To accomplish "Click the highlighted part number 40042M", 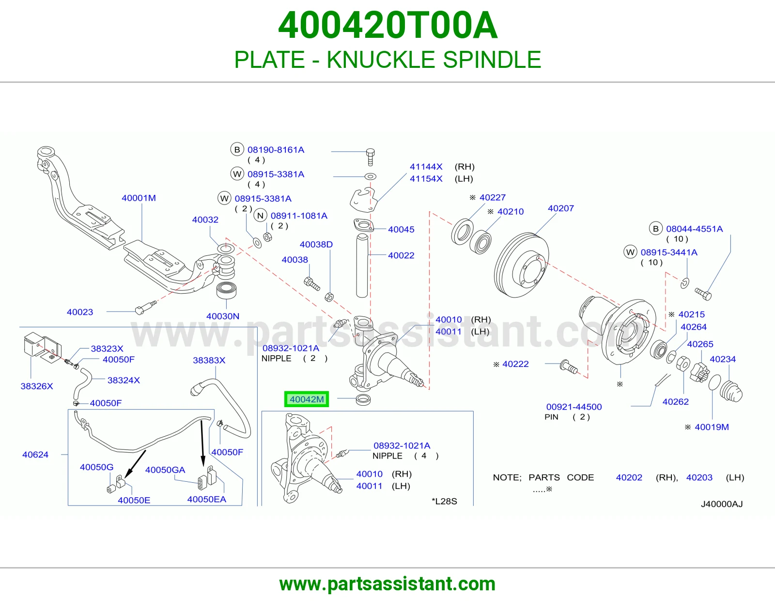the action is pos(306,399).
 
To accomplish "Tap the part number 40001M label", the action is pos(139,198).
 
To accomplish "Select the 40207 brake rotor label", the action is pos(560,208).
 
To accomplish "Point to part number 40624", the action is pos(35,455).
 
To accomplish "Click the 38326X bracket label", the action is pos(37,386).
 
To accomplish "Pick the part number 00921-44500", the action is pos(574,407).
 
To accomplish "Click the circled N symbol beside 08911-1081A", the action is pos(261,216).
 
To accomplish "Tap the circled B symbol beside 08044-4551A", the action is pos(655,229).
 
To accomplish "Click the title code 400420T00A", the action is pos(387,25).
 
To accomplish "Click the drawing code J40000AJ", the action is pos(722,504).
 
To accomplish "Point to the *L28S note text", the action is pos(444,502).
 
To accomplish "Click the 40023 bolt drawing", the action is pos(145,307).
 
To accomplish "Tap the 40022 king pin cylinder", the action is pos(362,265).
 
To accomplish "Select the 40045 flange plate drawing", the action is pos(363,225).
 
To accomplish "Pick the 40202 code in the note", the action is pos(629,477).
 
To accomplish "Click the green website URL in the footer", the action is pos(387,584).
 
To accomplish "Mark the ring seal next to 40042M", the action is pos(363,400).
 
